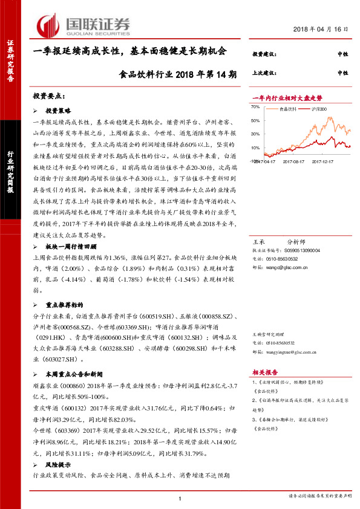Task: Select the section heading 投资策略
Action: pyautogui.click(x=59, y=111)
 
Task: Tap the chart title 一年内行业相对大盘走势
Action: pyautogui.click(x=287, y=97)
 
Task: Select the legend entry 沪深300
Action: pyautogui.click(x=319, y=109)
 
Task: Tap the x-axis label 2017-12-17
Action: pyautogui.click(x=322, y=161)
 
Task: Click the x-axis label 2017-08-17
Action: pyautogui.click(x=293, y=161)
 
